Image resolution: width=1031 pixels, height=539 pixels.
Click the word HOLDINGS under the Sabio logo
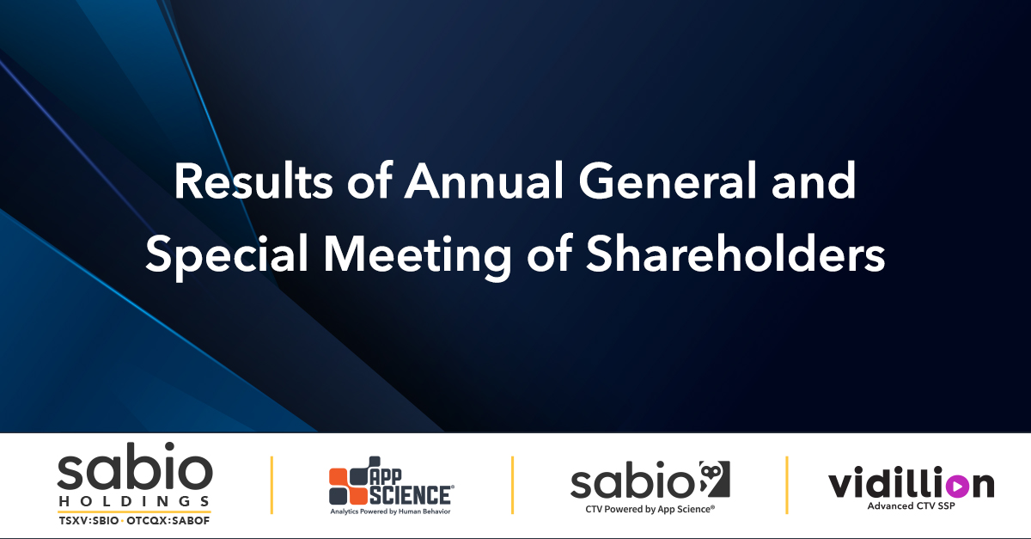click(134, 500)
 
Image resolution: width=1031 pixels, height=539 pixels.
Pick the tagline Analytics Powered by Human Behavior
click(391, 511)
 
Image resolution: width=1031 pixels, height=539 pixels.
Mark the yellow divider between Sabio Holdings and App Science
click(272, 486)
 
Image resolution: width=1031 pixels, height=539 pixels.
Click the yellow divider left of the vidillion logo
click(787, 486)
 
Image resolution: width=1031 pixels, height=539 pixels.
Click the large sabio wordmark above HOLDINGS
click(134, 471)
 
